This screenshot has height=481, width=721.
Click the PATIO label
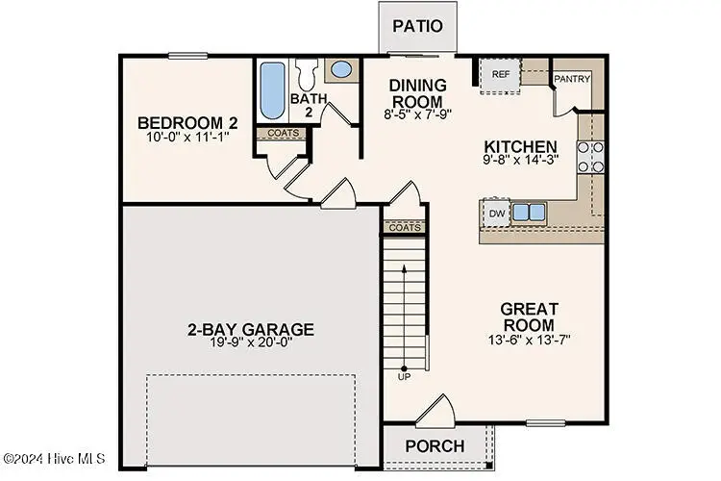[x=417, y=26]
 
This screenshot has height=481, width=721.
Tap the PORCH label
[x=435, y=446]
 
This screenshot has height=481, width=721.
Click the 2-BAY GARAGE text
[x=250, y=330]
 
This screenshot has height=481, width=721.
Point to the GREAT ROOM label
[x=530, y=316]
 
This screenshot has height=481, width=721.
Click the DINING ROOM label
[x=416, y=93]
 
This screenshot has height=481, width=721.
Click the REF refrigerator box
[x=500, y=75]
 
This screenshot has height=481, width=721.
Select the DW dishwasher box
[x=497, y=213]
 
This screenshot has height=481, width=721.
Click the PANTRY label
[x=571, y=79]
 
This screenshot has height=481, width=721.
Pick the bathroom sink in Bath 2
[x=340, y=69]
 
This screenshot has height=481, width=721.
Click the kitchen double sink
[x=528, y=212]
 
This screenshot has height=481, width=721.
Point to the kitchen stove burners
[x=590, y=157]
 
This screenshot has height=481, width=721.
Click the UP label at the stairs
[x=403, y=375]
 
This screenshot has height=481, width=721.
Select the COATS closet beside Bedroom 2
[x=283, y=134]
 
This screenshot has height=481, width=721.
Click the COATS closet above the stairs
[x=405, y=227]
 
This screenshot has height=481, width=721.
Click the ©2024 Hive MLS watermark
[x=54, y=457]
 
